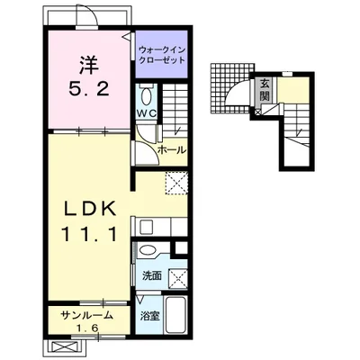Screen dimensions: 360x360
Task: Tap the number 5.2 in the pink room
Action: tap(89, 89)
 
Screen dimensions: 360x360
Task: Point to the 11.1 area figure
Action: tap(89, 234)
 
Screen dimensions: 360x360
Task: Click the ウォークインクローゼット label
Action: tap(162, 55)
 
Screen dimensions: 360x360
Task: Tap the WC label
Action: tap(146, 113)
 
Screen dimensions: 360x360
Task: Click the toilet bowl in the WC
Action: tap(147, 95)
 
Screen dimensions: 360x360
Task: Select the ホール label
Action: tap(172, 149)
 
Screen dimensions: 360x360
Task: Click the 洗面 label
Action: tap(152, 275)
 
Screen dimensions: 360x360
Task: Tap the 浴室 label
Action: tap(150, 316)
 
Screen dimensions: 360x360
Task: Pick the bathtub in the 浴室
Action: tap(176, 315)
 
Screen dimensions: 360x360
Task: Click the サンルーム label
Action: tap(86, 315)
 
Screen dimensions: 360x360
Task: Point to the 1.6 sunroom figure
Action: tap(86, 328)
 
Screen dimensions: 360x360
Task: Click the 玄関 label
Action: tap(265, 89)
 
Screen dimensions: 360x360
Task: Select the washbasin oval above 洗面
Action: tap(148, 250)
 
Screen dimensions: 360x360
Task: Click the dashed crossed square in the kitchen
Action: tap(176, 184)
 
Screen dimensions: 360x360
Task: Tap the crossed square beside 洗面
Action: tap(178, 278)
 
